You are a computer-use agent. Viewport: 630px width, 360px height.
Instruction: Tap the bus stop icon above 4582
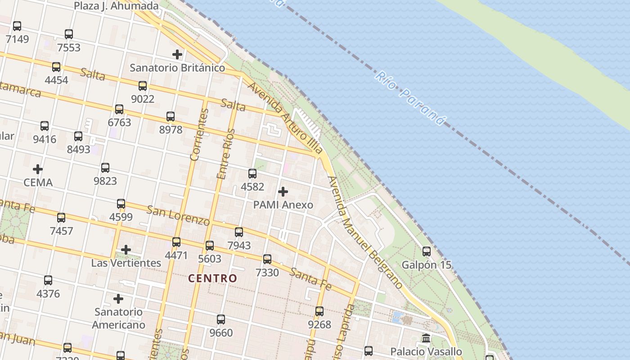point(252,174)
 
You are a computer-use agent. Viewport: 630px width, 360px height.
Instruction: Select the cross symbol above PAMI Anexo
point(283,192)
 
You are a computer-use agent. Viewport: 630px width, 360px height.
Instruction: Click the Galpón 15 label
point(426,265)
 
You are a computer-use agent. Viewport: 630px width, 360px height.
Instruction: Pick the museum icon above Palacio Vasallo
point(426,338)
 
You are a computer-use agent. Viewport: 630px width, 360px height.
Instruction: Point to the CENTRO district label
point(212,278)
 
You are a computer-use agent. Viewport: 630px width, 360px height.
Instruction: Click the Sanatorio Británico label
point(177,68)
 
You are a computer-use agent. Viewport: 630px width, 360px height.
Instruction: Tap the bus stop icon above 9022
point(143,86)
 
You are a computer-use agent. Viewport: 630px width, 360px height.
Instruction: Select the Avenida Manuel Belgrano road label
point(365,232)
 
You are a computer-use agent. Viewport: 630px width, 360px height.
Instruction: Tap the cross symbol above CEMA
point(38,169)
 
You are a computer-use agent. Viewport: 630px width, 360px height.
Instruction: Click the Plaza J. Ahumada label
point(116,6)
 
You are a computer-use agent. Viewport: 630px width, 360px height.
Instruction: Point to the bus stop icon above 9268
point(319,311)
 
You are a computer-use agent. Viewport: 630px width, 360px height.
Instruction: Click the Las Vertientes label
point(126,263)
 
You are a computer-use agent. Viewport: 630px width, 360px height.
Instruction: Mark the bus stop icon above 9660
point(221,319)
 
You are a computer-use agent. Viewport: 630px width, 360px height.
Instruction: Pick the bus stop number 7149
point(17,39)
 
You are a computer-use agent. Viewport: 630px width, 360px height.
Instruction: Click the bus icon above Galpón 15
point(426,252)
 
